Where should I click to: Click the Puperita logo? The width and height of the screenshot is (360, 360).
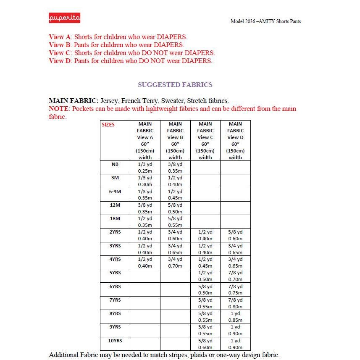coord(64,18)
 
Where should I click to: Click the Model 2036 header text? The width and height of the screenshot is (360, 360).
coord(265,21)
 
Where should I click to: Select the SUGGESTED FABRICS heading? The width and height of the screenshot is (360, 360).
coord(175,84)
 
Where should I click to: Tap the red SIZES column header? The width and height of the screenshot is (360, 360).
coord(108,125)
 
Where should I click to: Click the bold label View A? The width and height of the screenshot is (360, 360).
coord(60,37)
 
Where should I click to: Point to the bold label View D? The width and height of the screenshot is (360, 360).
coord(60,60)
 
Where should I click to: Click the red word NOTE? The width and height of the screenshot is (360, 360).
coord(59,109)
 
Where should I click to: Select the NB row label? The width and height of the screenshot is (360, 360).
coord(115,164)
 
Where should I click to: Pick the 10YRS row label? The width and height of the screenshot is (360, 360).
coord(115,341)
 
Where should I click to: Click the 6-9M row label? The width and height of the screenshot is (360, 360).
coord(115,192)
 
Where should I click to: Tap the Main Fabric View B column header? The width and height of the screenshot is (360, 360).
coord(175,140)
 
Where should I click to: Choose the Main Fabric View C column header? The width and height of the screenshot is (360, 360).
coord(205,140)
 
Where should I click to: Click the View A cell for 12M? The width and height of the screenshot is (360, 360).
coord(145,208)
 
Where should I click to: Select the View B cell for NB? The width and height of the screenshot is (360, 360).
coord(175,168)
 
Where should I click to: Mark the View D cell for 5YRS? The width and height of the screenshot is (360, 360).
coord(235,276)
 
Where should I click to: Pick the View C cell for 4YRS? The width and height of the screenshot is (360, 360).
coord(205,263)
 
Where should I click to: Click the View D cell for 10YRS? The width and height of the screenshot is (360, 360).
coord(235,344)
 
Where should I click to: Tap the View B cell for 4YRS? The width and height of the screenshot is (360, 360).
coord(175,263)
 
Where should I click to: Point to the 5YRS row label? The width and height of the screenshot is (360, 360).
coord(115,273)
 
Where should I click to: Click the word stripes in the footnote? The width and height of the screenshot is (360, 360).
coord(169,355)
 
